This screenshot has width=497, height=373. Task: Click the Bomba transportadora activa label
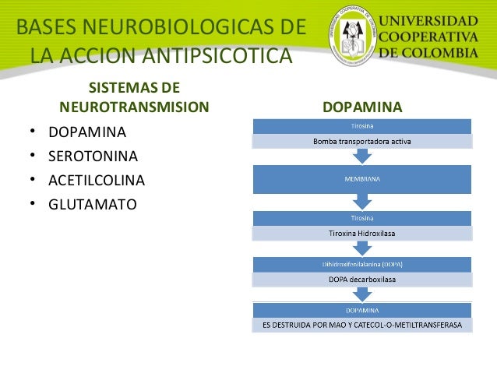[x=361, y=142]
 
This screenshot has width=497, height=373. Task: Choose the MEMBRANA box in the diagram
[x=361, y=179]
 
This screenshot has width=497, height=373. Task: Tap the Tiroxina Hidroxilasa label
[x=361, y=233]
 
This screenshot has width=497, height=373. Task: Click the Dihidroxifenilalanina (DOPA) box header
[x=361, y=265]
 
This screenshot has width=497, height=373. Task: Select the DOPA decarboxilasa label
[x=361, y=278]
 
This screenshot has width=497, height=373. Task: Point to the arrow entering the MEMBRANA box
[x=361, y=157]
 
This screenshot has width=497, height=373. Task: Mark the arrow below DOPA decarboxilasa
[x=361, y=294]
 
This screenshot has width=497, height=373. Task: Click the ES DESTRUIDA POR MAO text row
[x=361, y=324]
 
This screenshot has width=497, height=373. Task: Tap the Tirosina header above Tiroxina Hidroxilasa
[x=361, y=219]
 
